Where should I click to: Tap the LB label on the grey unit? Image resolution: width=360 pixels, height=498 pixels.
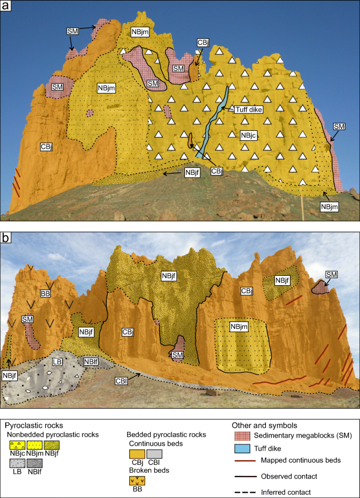click(x=58, y=362)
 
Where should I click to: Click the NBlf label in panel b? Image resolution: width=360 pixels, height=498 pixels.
click(x=90, y=362)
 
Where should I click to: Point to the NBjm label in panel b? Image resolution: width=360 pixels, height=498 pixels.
click(x=238, y=327)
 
